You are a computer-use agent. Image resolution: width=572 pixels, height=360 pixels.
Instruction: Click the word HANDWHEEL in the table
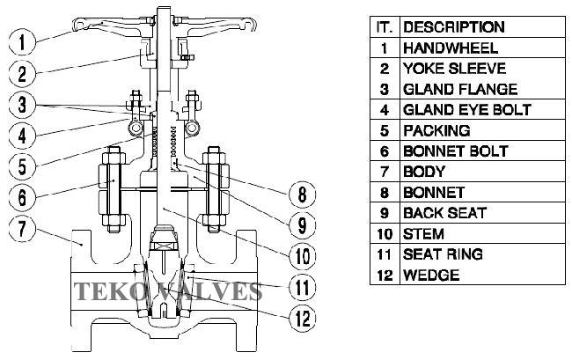click(x=450, y=48)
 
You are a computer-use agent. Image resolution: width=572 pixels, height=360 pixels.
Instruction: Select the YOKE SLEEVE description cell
click(x=453, y=69)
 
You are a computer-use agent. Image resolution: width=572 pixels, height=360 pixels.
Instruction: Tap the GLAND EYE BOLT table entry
click(x=466, y=110)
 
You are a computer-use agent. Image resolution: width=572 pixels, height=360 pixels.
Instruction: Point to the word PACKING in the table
click(x=436, y=130)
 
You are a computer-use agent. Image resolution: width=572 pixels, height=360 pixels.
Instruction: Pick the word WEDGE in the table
click(x=431, y=276)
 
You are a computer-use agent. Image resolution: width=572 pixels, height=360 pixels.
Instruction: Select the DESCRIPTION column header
click(x=453, y=27)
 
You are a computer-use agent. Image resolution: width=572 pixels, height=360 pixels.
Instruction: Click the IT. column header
click(x=384, y=27)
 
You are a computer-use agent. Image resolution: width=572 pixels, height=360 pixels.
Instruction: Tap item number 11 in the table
click(x=384, y=254)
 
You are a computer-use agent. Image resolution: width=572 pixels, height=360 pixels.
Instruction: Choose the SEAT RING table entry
click(x=443, y=254)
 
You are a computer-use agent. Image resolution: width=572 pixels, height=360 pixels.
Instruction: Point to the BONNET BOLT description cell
click(x=455, y=151)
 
